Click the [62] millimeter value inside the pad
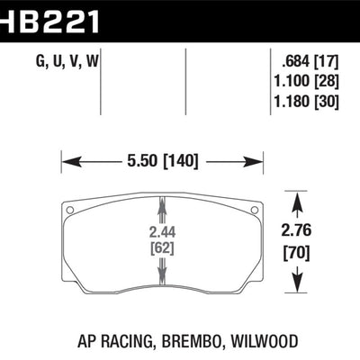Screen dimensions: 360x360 click(x=162, y=247)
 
